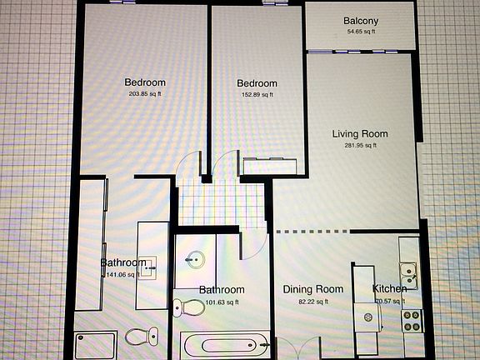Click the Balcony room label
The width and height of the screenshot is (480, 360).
pyautogui.click(x=361, y=21)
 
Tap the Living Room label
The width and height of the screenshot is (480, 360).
pyautogui.click(x=360, y=133)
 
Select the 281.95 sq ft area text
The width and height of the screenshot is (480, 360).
pyautogui.click(x=360, y=145)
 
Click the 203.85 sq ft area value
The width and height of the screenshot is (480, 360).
pyautogui.click(x=145, y=94)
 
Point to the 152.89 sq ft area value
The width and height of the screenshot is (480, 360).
pyautogui.click(x=257, y=95)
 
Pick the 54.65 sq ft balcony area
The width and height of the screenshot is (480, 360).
pyautogui.click(x=361, y=32)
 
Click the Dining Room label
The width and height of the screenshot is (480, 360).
pyautogui.click(x=312, y=289)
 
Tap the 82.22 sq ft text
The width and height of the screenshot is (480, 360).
pyautogui.click(x=312, y=301)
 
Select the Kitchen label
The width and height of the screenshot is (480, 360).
pyautogui.click(x=389, y=289)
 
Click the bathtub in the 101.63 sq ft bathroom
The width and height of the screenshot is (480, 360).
pyautogui.click(x=224, y=343)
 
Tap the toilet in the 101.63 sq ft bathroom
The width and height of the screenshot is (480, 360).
pyautogui.click(x=190, y=307)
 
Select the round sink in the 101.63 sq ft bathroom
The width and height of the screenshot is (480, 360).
pyautogui.click(x=197, y=260)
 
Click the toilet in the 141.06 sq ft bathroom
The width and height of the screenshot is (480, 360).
pyautogui.click(x=142, y=337)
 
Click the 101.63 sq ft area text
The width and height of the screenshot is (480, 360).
pyautogui.click(x=221, y=302)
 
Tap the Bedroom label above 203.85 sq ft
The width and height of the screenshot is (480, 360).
pyautogui.click(x=145, y=82)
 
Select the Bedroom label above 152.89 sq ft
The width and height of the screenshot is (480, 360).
pyautogui.click(x=257, y=83)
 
